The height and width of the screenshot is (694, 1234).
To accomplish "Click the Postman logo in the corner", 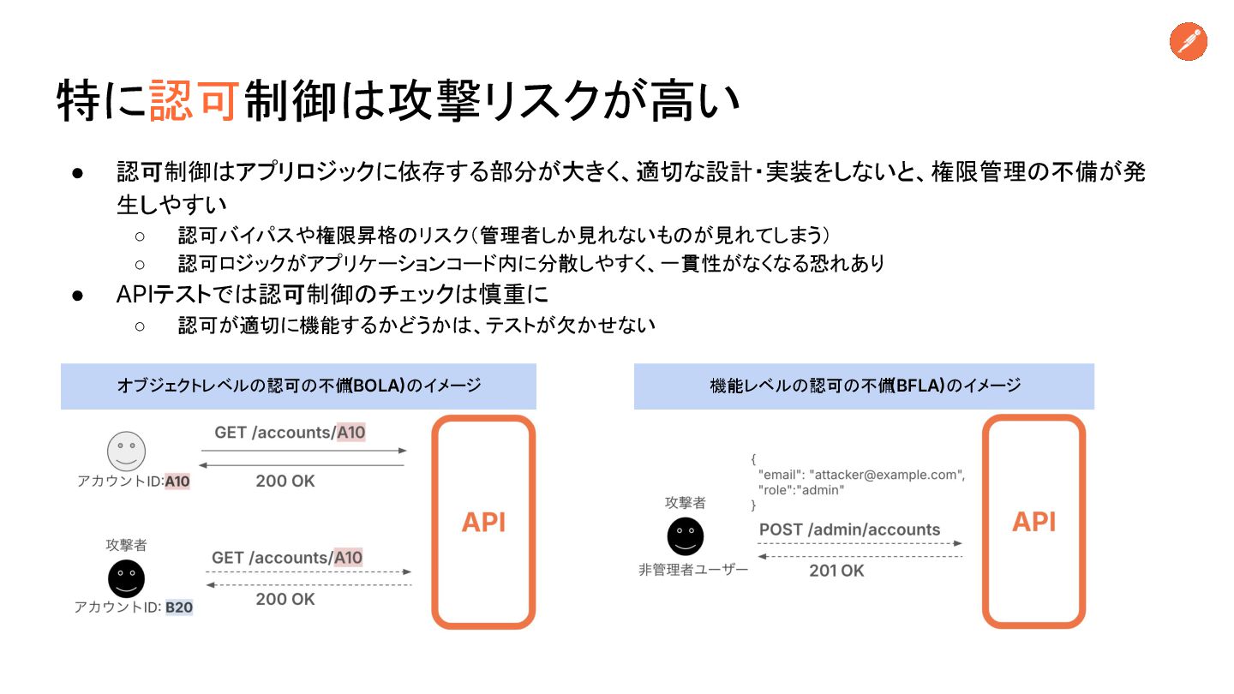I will click(1188, 42).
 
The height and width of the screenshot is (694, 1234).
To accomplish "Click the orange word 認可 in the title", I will click(193, 101).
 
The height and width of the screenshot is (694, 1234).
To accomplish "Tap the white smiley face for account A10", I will click(126, 451).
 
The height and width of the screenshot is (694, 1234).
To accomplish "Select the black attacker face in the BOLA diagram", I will click(126, 578).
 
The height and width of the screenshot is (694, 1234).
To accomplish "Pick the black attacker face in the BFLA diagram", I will click(685, 536).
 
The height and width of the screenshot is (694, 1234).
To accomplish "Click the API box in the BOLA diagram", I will click(483, 522).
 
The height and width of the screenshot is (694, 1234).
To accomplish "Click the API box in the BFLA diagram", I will click(1033, 522).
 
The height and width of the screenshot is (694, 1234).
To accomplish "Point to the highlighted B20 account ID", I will click(179, 607).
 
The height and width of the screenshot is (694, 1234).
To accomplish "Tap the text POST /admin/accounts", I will click(849, 529).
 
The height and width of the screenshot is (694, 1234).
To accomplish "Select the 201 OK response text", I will click(836, 571).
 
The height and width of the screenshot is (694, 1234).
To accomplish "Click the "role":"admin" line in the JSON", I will click(801, 490).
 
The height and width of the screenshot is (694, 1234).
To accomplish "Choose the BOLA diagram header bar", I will click(298, 386).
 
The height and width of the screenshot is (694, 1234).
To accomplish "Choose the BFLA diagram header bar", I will click(864, 386).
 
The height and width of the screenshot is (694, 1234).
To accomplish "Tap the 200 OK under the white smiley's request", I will click(285, 482).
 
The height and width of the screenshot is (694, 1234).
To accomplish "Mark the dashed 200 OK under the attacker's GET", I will click(285, 599).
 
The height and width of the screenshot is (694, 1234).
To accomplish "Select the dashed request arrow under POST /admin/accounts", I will click(859, 543).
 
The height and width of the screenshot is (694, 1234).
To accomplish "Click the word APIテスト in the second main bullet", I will click(163, 294).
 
